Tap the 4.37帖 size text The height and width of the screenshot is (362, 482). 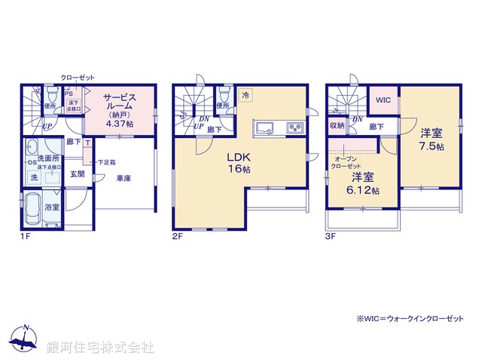[x=119, y=124]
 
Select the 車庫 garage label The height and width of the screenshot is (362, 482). [x=125, y=178]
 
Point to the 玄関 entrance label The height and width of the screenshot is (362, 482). [x=78, y=173]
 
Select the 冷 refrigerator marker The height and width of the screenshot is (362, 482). [x=246, y=95]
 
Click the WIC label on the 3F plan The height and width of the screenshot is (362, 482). [x=382, y=99]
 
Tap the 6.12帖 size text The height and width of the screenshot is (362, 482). [x=363, y=190]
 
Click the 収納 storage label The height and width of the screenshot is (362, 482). [x=336, y=126]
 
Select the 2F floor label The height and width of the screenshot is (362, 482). [x=178, y=235]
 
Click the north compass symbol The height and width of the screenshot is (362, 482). [x=25, y=341]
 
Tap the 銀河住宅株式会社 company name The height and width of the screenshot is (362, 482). [x=99, y=348]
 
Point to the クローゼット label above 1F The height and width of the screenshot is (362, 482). [x=78, y=77]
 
